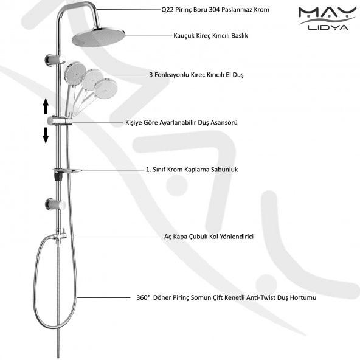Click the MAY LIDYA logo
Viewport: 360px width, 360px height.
[x=327, y=19]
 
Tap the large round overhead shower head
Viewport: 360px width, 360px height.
[x=99, y=37]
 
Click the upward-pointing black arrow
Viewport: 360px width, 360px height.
[x=46, y=106]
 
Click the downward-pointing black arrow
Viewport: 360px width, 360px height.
[x=46, y=136]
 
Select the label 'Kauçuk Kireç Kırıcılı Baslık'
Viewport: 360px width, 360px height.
[x=210, y=36]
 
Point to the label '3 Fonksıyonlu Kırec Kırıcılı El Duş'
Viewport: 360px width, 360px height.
[x=196, y=75]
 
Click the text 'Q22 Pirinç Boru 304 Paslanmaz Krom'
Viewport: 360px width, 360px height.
[x=215, y=10]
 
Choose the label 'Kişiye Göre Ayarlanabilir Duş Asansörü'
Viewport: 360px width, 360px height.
[x=181, y=122]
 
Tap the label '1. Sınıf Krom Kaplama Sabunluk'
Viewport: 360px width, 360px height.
[x=192, y=170]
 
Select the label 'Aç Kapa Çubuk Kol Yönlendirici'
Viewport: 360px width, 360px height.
[x=209, y=237]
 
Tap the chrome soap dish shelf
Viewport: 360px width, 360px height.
[x=67, y=170]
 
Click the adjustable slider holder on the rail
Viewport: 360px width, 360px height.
[x=60, y=121]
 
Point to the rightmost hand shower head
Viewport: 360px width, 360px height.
[x=106, y=89]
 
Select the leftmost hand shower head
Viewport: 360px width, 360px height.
[x=75, y=74]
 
